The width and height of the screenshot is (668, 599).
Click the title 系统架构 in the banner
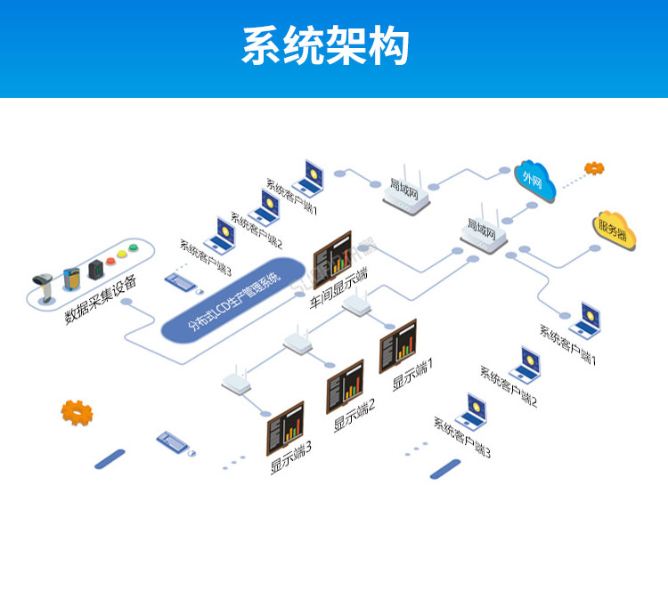pyautogui.click(x=325, y=46)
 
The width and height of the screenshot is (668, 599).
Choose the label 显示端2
pyautogui.click(x=354, y=416)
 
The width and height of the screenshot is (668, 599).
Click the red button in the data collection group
pyautogui.click(x=111, y=262)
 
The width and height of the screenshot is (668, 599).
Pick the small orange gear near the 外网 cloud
pyautogui.click(x=594, y=167)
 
